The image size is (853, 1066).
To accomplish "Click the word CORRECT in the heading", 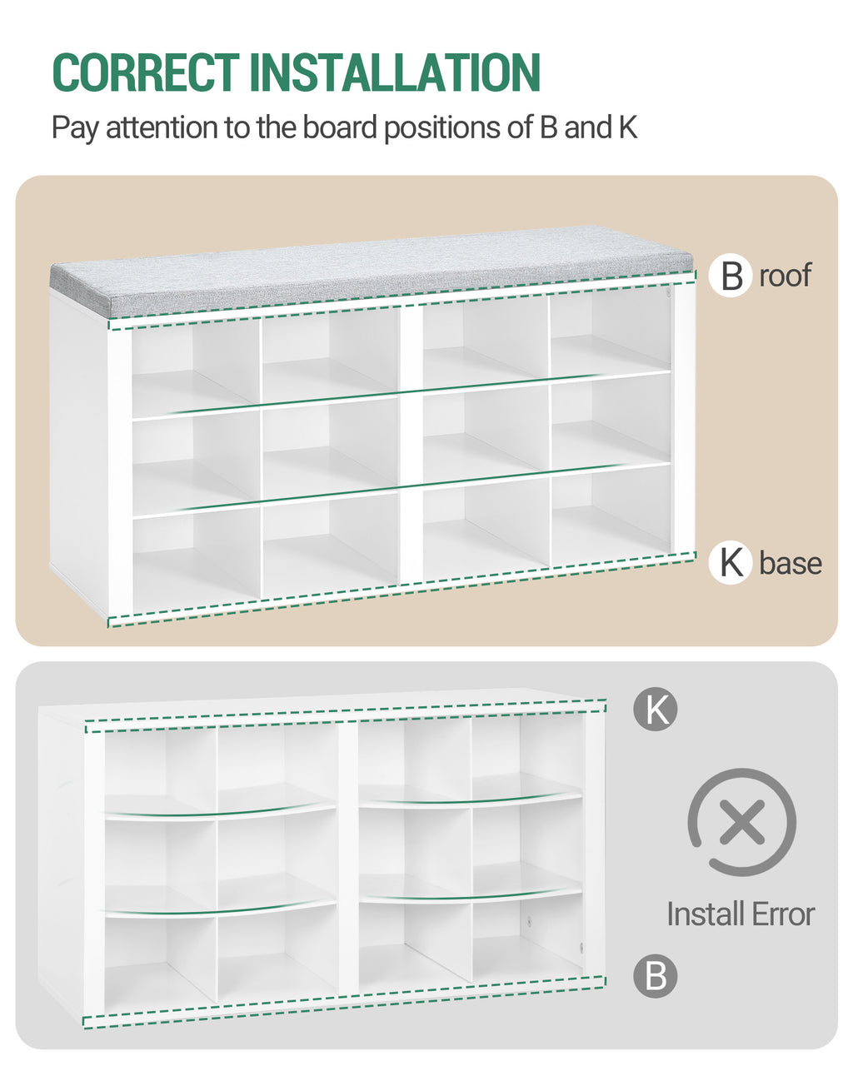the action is click(146, 72).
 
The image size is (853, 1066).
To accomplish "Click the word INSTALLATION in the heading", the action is click(395, 72).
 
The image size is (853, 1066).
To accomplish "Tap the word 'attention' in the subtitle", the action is click(162, 127).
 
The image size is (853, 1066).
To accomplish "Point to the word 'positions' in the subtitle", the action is click(442, 127).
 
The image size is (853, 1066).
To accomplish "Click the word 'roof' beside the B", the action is click(785, 276).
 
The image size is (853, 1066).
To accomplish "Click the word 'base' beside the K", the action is click(790, 563).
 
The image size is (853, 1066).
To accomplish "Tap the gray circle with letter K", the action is click(656, 709).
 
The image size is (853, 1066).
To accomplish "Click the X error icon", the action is click(741, 822).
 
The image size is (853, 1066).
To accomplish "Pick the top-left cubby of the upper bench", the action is click(196, 369).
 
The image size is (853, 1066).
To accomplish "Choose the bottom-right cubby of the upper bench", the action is click(611, 516).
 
